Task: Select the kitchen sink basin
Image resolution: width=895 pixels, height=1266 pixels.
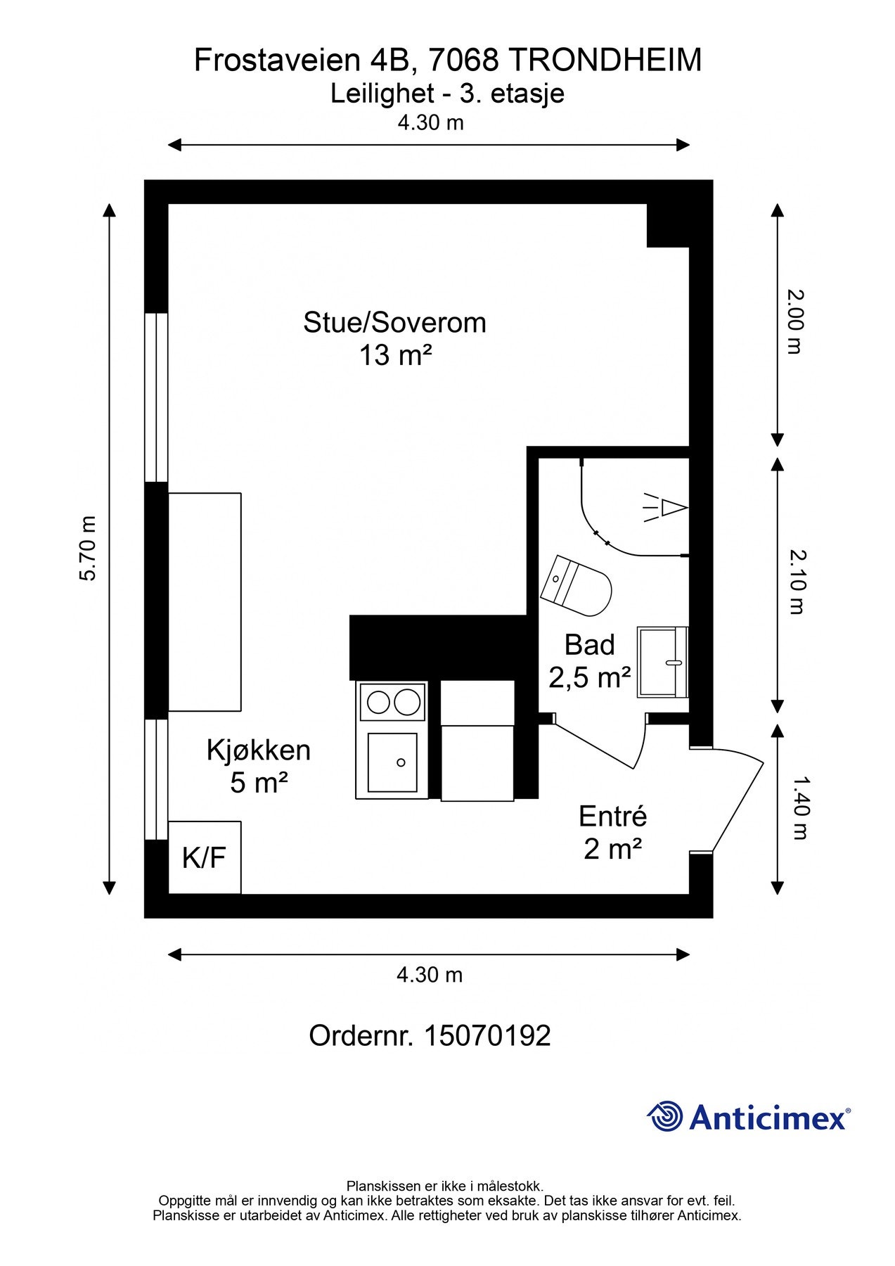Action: [x=392, y=762]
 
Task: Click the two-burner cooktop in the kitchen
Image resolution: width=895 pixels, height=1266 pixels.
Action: [x=392, y=701]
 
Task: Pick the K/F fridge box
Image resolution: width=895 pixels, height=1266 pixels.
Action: [x=205, y=857]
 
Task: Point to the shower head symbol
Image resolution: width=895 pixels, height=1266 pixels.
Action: [x=667, y=507]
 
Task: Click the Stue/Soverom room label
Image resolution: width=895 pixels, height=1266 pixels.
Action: [x=394, y=323]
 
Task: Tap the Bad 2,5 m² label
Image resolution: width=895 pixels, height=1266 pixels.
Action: [x=589, y=661]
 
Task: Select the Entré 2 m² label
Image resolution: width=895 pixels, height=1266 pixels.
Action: [x=612, y=833]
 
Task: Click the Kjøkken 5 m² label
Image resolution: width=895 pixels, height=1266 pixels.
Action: [x=258, y=766]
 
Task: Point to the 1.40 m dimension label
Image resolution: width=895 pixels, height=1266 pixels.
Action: [x=799, y=807]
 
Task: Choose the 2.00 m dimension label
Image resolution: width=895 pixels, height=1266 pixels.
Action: [x=795, y=321]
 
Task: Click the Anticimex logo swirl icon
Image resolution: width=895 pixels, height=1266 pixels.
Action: [x=664, y=1116]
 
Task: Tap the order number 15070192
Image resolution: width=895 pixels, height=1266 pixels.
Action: [x=487, y=1035]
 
